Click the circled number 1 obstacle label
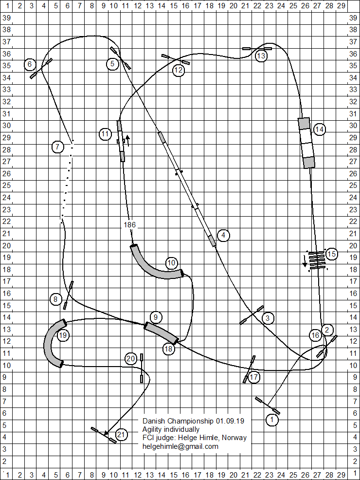(273, 419)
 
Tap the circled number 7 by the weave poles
(58, 146)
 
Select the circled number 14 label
(319, 129)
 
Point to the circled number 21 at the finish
(121, 434)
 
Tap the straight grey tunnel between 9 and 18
(162, 333)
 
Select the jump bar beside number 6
(41, 68)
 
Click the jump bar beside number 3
(252, 314)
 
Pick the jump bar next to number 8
(68, 295)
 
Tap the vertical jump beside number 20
(142, 369)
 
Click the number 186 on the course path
(130, 225)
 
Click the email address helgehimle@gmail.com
(180, 446)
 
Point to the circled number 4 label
(223, 236)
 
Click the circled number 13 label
(261, 56)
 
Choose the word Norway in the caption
(234, 438)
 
